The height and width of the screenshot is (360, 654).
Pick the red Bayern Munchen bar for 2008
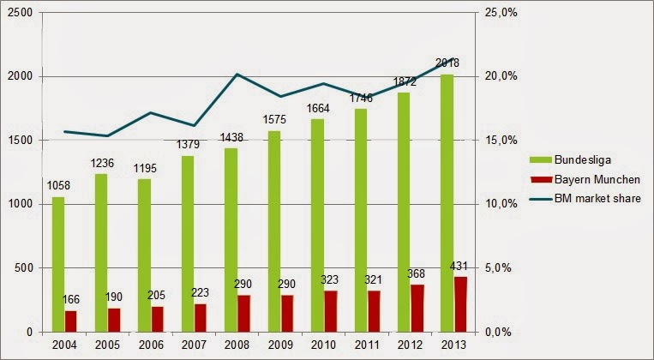[x=244, y=313]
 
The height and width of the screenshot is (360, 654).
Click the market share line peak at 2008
[x=237, y=74]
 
